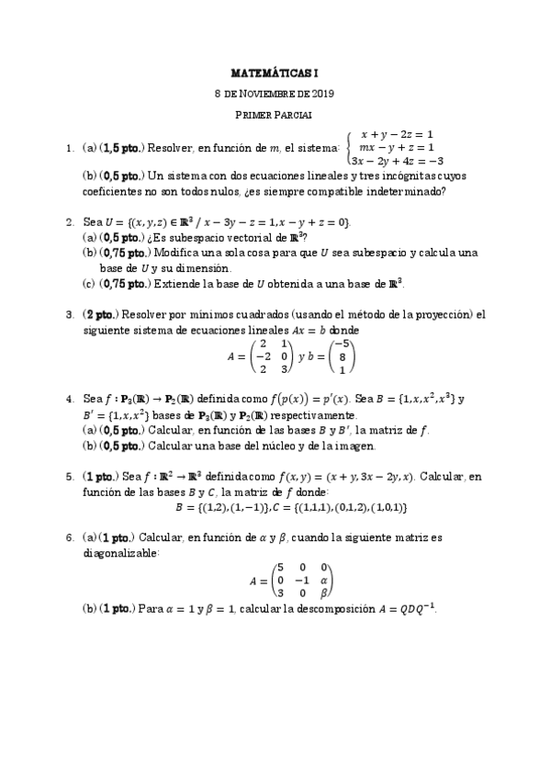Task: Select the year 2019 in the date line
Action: (x=322, y=93)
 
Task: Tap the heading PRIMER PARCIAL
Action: (x=275, y=114)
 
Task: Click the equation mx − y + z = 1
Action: (x=396, y=147)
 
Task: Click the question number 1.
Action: (x=69, y=147)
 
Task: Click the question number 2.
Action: (x=69, y=222)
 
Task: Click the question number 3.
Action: (x=69, y=314)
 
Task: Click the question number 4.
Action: (x=69, y=400)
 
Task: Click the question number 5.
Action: (x=69, y=477)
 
